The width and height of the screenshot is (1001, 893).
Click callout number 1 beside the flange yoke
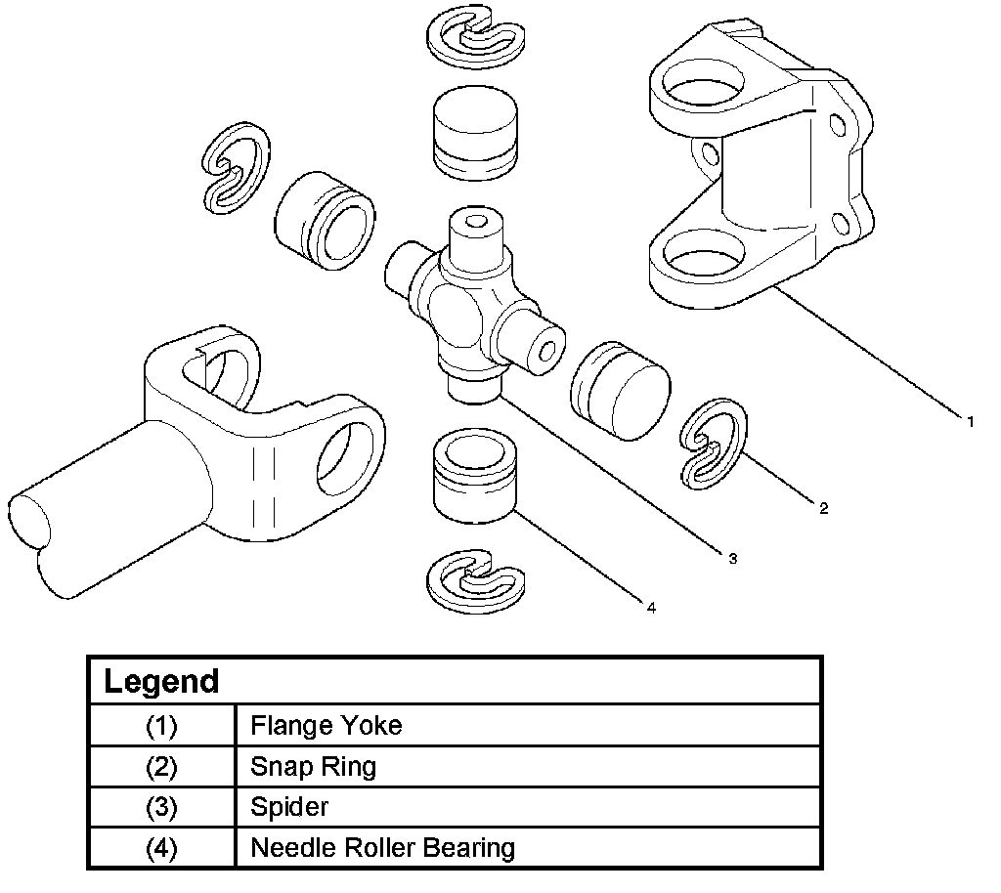[971, 422]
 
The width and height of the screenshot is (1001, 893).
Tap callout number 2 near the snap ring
[823, 508]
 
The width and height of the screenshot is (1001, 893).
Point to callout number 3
[733, 559]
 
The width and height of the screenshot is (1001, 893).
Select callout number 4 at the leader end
[651, 608]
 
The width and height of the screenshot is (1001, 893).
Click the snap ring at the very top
[476, 38]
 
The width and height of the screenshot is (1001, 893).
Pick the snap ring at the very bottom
[476, 581]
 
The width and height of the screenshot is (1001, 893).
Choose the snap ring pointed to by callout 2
[713, 444]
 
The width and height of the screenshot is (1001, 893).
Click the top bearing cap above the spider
[475, 133]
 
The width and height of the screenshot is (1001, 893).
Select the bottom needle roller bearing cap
[475, 475]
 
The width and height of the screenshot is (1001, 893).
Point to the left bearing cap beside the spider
[325, 220]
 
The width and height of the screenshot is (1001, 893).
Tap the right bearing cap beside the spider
[620, 391]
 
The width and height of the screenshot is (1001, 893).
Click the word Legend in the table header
[161, 681]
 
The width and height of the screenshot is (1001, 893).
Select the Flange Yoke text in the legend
[326, 725]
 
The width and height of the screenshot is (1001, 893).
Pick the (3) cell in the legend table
[162, 807]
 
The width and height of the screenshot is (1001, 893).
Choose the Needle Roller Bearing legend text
[383, 848]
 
